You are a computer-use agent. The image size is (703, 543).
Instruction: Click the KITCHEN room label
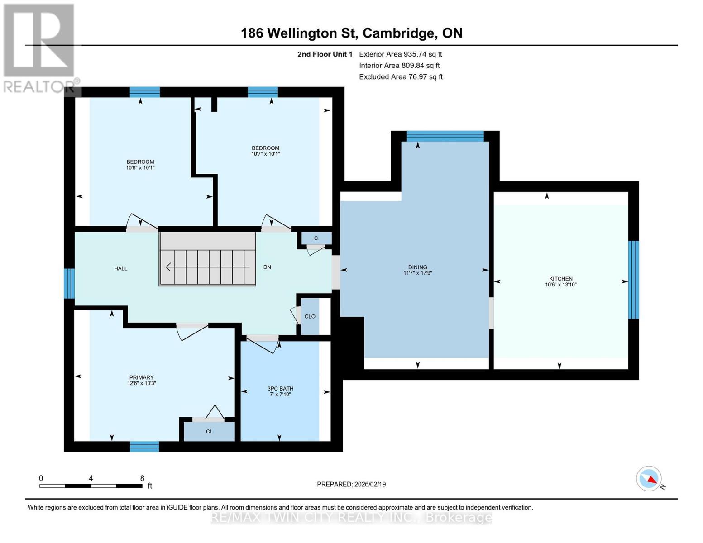click(x=561, y=279)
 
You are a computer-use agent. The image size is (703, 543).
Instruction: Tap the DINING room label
click(x=417, y=267)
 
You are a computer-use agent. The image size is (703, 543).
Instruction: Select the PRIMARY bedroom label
click(x=141, y=377)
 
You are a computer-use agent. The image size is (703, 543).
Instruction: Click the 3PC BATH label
click(x=280, y=389)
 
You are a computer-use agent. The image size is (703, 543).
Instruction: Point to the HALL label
click(x=121, y=268)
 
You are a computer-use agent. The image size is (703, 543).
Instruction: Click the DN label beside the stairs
click(x=267, y=267)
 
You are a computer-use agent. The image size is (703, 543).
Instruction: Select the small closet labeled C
click(x=316, y=238)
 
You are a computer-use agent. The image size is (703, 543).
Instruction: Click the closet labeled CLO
click(x=310, y=316)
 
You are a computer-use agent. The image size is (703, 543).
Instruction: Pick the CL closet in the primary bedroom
click(x=209, y=432)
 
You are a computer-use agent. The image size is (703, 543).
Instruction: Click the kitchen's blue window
click(x=634, y=280)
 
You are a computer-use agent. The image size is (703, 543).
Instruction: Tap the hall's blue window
click(x=69, y=284)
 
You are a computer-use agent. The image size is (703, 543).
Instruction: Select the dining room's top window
click(x=445, y=136)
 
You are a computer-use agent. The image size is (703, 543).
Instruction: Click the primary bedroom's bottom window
click(x=144, y=447)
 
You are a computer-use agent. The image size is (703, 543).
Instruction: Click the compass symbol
click(x=649, y=479)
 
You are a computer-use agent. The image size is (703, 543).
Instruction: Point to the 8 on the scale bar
click(x=142, y=478)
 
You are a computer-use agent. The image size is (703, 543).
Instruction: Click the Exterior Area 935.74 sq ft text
click(x=400, y=54)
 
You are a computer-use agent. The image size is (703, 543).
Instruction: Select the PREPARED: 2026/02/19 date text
click(x=351, y=484)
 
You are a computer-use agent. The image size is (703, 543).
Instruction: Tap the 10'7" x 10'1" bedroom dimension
click(x=266, y=154)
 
